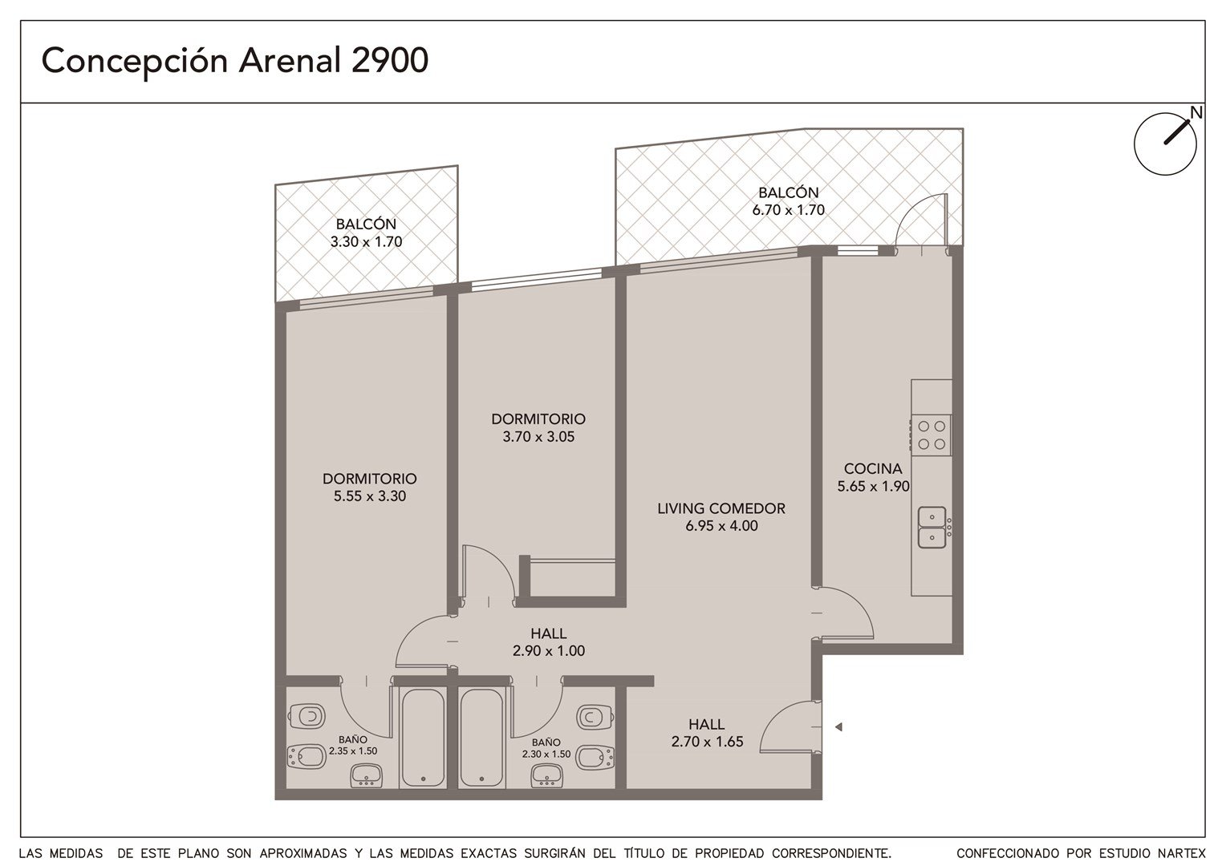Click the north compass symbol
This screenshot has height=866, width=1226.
(x=1165, y=144)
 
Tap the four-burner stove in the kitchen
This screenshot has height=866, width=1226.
(x=931, y=435)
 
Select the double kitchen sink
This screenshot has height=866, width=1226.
(x=932, y=527)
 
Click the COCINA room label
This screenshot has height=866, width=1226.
(x=873, y=468)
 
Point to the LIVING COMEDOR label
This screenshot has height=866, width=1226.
(x=721, y=508)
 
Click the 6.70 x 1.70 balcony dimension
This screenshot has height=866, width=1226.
(x=788, y=210)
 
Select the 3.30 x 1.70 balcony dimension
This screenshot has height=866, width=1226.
(x=366, y=242)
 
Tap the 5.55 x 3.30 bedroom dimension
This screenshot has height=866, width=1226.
(x=370, y=496)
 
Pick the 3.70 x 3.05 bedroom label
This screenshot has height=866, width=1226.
(x=538, y=428)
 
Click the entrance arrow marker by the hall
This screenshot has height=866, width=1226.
(x=838, y=727)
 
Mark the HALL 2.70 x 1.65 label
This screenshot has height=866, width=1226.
(x=707, y=733)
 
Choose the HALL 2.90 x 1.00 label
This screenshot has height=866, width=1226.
(x=549, y=642)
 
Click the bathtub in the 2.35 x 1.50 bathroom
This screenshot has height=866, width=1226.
(x=422, y=738)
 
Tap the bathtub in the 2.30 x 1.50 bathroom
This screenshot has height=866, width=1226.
(x=481, y=738)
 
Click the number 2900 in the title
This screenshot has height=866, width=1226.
(x=390, y=60)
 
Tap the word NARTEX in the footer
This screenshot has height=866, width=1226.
(x=1182, y=853)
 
